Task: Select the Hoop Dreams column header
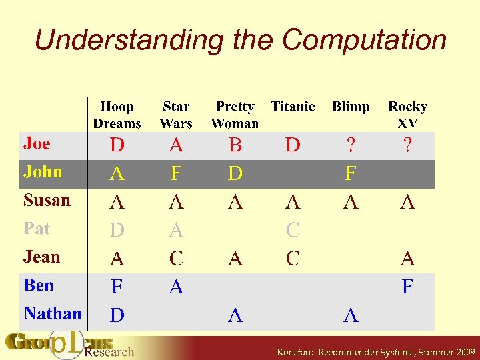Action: tap(117, 115)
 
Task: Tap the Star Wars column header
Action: tap(176, 115)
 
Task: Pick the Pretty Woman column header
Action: tap(235, 115)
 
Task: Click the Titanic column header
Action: tap(293, 107)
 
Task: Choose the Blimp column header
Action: tap(351, 107)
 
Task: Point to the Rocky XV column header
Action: tap(407, 115)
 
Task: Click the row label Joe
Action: tap(37, 143)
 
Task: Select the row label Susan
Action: tap(47, 200)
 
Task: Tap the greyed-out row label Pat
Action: tap(37, 229)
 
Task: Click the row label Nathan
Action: tap(52, 313)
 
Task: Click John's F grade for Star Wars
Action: tap(176, 174)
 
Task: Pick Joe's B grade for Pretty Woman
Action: tap(235, 145)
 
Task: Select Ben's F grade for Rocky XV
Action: tap(407, 287)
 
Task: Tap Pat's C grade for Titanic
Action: tap(293, 231)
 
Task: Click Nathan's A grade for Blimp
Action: tap(351, 316)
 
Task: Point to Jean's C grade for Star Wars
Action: tap(176, 259)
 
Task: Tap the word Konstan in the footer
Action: tap(295, 352)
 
